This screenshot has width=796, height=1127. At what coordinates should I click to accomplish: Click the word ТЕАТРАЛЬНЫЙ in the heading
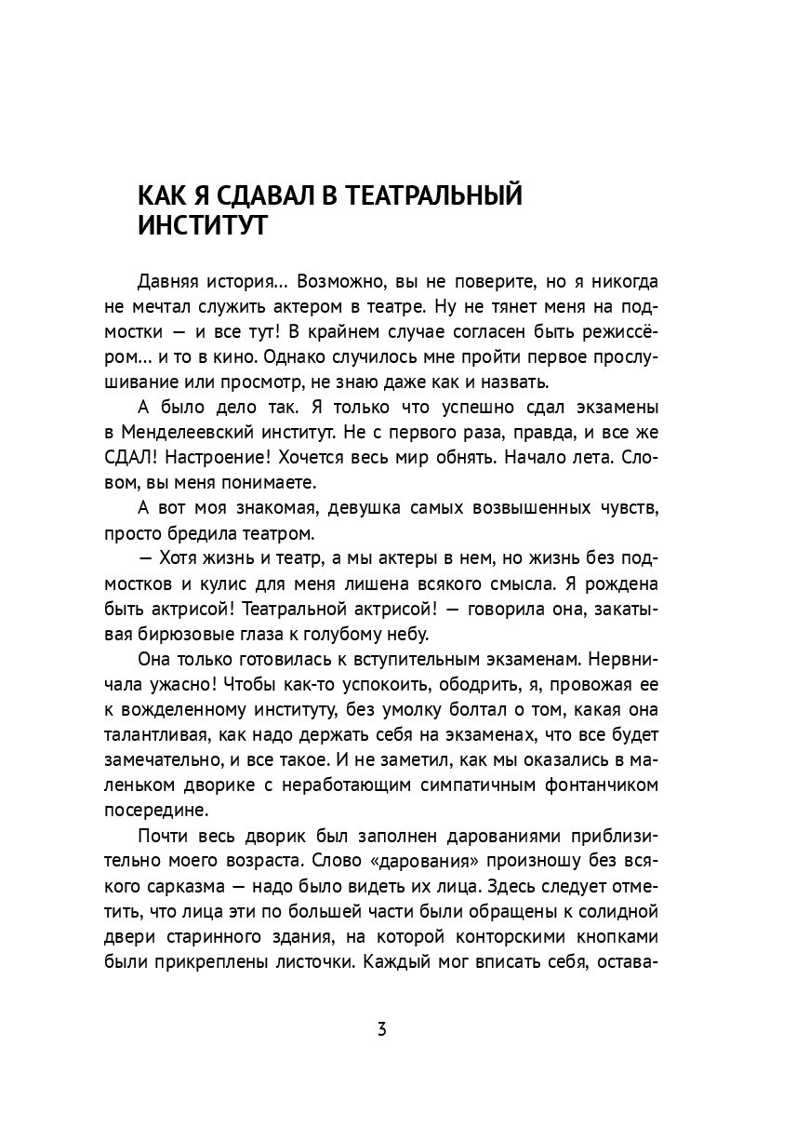point(431,196)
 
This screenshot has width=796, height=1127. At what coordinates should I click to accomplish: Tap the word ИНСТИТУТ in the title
point(202,227)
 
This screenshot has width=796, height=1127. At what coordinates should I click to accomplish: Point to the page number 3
point(381,1030)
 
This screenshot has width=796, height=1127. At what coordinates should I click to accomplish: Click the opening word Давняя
point(168,281)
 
